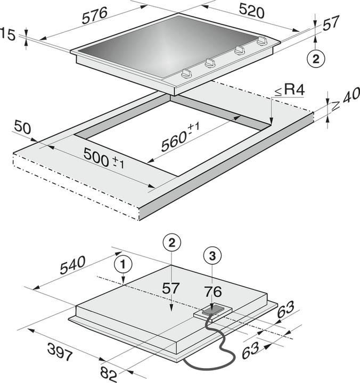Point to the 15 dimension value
(x=7, y=35)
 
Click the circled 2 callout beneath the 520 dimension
(x=316, y=60)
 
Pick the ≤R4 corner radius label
(x=289, y=90)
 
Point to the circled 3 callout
(x=212, y=256)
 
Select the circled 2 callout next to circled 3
(x=170, y=243)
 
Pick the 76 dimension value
(x=213, y=292)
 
